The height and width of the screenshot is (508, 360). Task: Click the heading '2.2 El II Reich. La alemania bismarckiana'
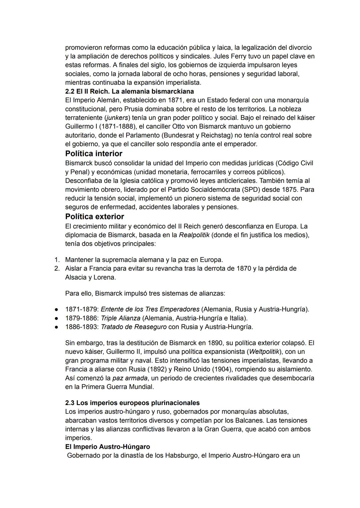129,91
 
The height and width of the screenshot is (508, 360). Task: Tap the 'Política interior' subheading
94,154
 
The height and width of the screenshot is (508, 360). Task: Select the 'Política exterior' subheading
95,217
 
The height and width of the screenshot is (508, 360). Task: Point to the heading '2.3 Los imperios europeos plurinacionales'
132,403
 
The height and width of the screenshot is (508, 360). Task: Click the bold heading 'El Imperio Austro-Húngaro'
107,447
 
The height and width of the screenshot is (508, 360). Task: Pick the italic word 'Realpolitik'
194,235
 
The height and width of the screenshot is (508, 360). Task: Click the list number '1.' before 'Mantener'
57,259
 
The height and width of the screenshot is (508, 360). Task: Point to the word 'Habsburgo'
181,455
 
